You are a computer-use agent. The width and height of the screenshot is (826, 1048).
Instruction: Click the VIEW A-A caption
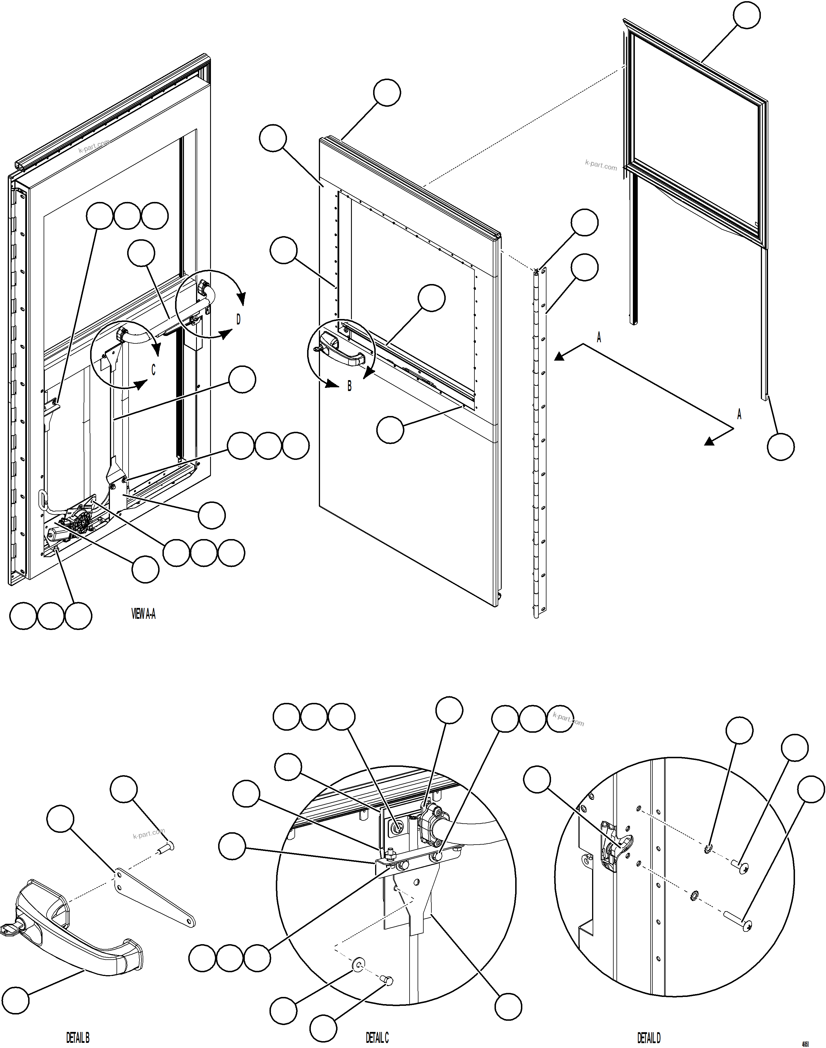[x=143, y=614]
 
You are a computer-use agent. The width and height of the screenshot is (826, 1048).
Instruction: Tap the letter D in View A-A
[x=238, y=320]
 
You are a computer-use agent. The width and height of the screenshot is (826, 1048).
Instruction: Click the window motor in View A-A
[x=77, y=522]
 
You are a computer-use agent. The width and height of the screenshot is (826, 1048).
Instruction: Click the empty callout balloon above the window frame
[x=746, y=15]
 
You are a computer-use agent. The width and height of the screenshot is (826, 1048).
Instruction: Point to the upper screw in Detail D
[x=740, y=868]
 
